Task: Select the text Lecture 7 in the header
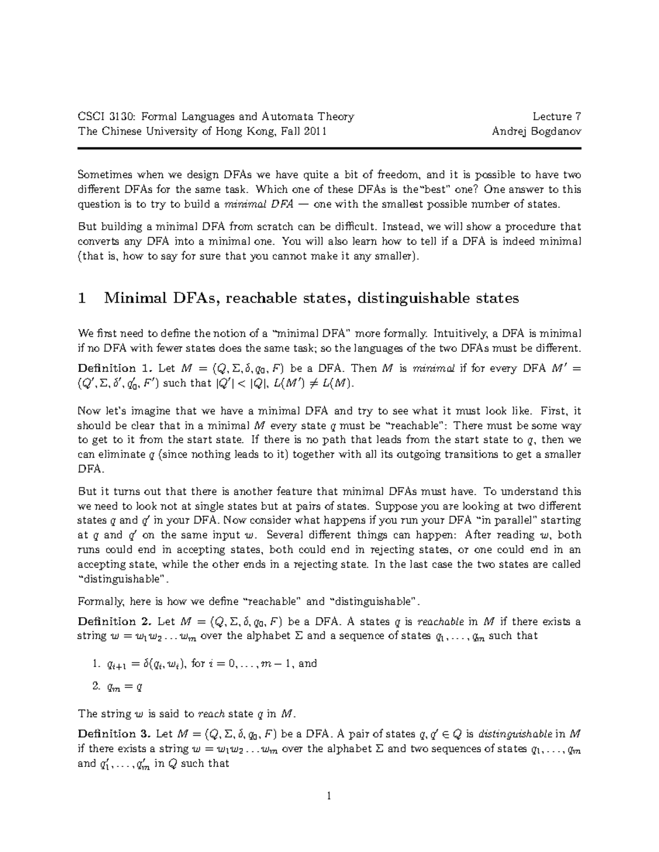(x=556, y=116)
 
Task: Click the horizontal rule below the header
(x=329, y=148)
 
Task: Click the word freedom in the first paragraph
(x=399, y=175)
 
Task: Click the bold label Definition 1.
(x=115, y=368)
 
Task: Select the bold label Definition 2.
(x=115, y=622)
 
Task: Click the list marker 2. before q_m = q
(x=97, y=685)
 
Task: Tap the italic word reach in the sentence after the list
(x=211, y=714)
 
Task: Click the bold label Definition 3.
(x=115, y=734)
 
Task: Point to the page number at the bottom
(x=329, y=796)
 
